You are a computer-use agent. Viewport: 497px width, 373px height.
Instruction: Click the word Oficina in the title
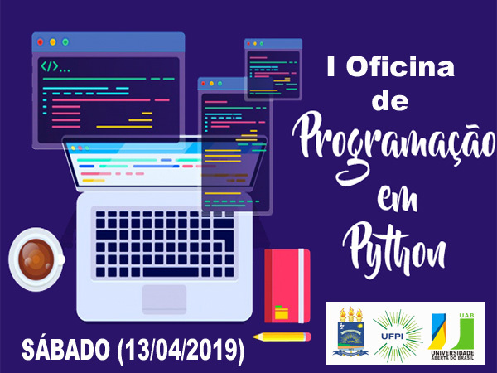point(400,66)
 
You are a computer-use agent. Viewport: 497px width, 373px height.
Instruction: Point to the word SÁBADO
point(65,349)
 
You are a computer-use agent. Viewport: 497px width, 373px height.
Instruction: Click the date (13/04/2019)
point(181,350)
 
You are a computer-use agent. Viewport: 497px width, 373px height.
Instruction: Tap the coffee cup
point(36,259)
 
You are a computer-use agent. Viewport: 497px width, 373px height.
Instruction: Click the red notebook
point(287,286)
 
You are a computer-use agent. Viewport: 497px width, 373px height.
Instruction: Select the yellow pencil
point(282,337)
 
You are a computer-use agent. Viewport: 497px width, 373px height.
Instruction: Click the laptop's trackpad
point(164,298)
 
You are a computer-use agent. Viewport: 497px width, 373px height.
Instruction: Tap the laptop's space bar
point(171,272)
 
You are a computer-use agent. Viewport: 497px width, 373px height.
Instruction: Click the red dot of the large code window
point(41,42)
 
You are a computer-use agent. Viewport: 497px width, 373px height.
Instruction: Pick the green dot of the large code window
point(65,42)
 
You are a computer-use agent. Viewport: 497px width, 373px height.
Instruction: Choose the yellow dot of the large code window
point(53,42)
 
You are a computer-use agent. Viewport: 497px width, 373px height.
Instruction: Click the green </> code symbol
point(50,66)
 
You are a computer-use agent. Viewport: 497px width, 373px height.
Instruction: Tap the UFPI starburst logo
point(397,336)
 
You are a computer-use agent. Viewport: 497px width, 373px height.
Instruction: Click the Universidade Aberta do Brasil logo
point(451,337)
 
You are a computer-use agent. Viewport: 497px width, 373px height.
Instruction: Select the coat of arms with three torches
point(350,332)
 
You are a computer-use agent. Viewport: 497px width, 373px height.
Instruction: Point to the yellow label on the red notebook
point(282,312)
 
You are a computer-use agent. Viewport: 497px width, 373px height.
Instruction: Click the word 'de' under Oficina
point(390,101)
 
